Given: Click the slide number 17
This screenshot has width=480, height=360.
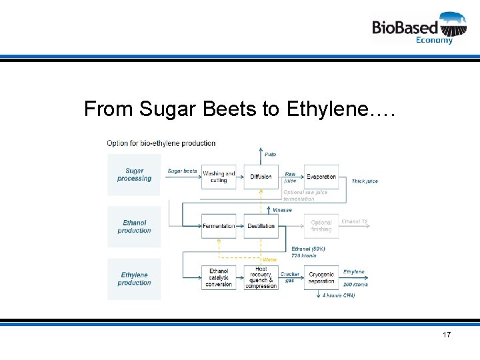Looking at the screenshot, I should (446, 334).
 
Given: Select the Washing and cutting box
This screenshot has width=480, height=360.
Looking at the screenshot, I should (219, 177).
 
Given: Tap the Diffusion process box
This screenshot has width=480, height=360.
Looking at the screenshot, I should (261, 177).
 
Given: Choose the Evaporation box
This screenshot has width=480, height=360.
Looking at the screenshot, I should (321, 177).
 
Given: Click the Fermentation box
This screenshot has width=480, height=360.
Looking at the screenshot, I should (219, 226).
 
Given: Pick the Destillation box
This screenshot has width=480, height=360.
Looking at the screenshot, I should (261, 226).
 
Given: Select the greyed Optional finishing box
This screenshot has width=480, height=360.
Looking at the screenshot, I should (321, 226).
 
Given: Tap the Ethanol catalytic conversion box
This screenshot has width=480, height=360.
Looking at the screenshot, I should (219, 278).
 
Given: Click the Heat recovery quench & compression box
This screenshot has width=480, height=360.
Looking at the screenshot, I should (261, 278).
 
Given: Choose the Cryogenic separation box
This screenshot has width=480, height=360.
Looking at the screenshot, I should (321, 278).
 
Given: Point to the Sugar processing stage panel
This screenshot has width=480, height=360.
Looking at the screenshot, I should (134, 175).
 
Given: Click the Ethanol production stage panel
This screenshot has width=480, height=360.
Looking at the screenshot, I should (134, 227).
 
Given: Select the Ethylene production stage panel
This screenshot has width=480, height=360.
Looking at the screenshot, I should (134, 279).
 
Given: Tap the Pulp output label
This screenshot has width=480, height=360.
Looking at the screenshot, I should (270, 154).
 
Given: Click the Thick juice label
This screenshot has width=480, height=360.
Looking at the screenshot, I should (365, 181).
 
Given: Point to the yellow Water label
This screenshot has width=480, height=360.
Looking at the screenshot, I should (269, 259).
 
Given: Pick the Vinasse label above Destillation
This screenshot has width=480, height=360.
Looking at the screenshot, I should (282, 210).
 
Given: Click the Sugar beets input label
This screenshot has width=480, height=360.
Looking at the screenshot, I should (182, 171).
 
